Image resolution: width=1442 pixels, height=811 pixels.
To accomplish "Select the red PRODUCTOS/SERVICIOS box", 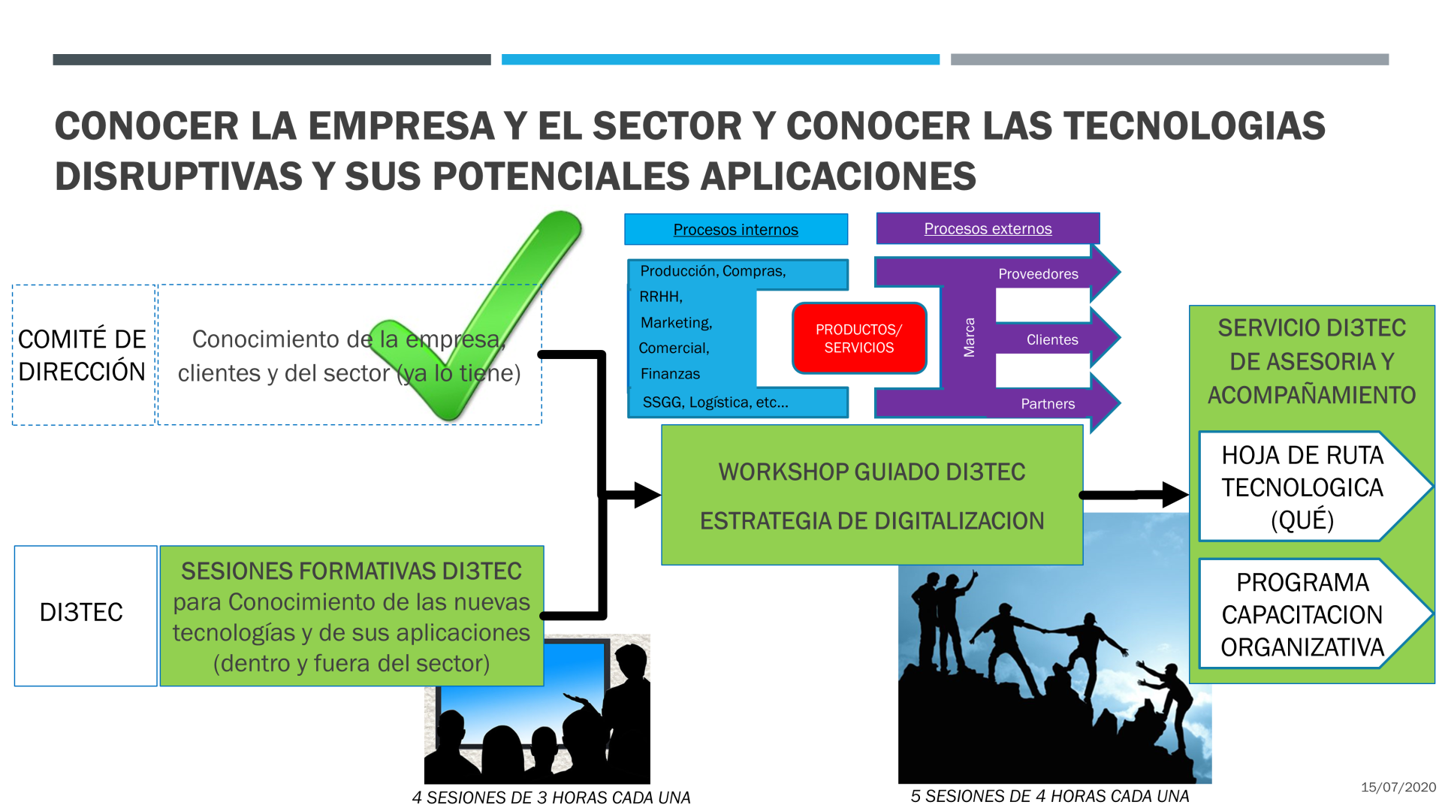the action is click(x=859, y=338).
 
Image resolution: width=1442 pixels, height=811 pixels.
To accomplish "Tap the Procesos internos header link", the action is click(x=735, y=230).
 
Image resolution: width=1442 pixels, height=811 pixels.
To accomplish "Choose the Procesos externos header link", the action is click(x=988, y=228).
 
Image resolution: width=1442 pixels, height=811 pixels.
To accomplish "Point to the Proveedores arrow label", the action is click(x=1038, y=274).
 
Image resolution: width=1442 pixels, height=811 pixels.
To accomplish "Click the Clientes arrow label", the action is click(x=1052, y=339).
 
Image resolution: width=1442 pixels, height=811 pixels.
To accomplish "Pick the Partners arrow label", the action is click(x=1048, y=404).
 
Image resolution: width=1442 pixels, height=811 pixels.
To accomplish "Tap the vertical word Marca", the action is click(x=970, y=337).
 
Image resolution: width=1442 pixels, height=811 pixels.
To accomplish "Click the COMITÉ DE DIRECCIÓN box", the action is click(x=83, y=355).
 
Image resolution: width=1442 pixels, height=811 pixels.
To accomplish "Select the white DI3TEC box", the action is click(x=86, y=616).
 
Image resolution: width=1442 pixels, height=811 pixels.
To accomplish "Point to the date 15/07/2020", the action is click(x=1398, y=787).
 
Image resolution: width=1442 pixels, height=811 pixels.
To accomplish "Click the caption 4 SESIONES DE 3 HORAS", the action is click(x=551, y=797).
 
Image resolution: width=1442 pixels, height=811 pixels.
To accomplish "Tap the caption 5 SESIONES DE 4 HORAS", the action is click(x=1050, y=796).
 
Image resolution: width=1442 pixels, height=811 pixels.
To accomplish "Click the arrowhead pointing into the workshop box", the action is click(x=647, y=495).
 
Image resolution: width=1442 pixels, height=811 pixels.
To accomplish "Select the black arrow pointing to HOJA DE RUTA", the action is click(x=1134, y=495).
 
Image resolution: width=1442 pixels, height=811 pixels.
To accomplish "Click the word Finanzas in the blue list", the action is click(x=670, y=374).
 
